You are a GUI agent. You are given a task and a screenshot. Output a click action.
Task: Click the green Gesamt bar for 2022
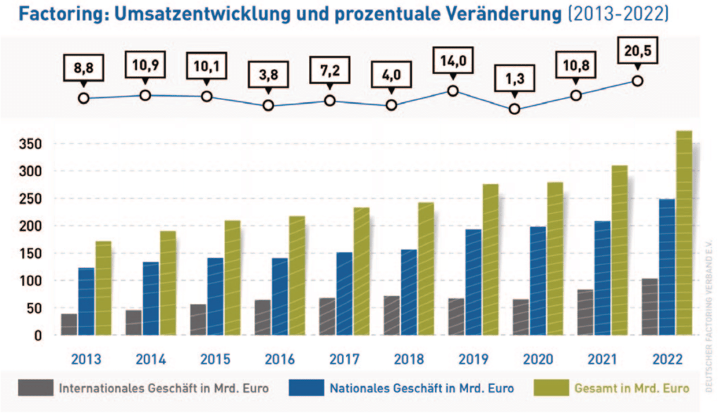(683, 233)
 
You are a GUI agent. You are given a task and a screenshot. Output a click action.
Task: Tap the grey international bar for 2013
(69, 324)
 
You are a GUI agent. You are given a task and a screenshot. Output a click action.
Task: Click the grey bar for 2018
(391, 315)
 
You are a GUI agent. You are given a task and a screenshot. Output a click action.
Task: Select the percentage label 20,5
(637, 51)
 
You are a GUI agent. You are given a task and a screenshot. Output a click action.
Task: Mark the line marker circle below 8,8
(84, 98)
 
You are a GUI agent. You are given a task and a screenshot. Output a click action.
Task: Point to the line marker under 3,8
(268, 106)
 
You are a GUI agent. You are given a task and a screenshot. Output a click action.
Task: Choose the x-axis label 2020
(538, 359)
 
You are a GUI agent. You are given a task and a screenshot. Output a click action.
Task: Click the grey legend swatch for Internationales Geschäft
(36, 388)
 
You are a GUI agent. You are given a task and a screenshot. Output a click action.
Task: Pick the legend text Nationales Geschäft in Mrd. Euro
(421, 388)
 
